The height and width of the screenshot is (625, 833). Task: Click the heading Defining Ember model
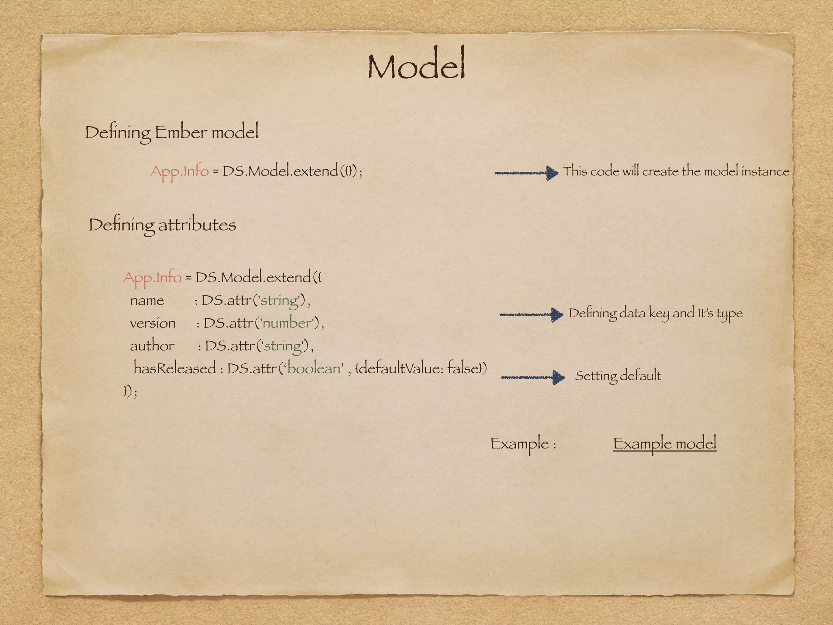pos(171,133)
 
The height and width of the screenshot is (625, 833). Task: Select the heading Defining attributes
pos(162,225)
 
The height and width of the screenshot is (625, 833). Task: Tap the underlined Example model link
pos(664,444)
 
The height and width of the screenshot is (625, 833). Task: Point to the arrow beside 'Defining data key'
pos(531,315)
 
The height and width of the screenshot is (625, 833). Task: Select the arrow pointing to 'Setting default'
pos(532,377)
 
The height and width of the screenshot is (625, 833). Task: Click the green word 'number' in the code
pos(287,323)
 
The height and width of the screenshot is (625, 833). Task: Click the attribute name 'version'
pos(153,323)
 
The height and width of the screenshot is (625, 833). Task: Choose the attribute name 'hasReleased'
pos(174,368)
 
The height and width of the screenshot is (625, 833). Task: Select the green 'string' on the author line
pos(283,346)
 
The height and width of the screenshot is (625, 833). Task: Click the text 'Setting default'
pos(618,376)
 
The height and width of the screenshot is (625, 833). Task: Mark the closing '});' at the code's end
pos(131,391)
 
